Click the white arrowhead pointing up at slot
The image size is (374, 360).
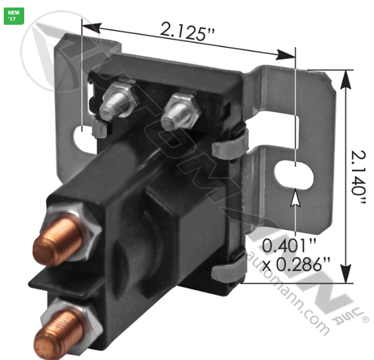pos(295,200)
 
